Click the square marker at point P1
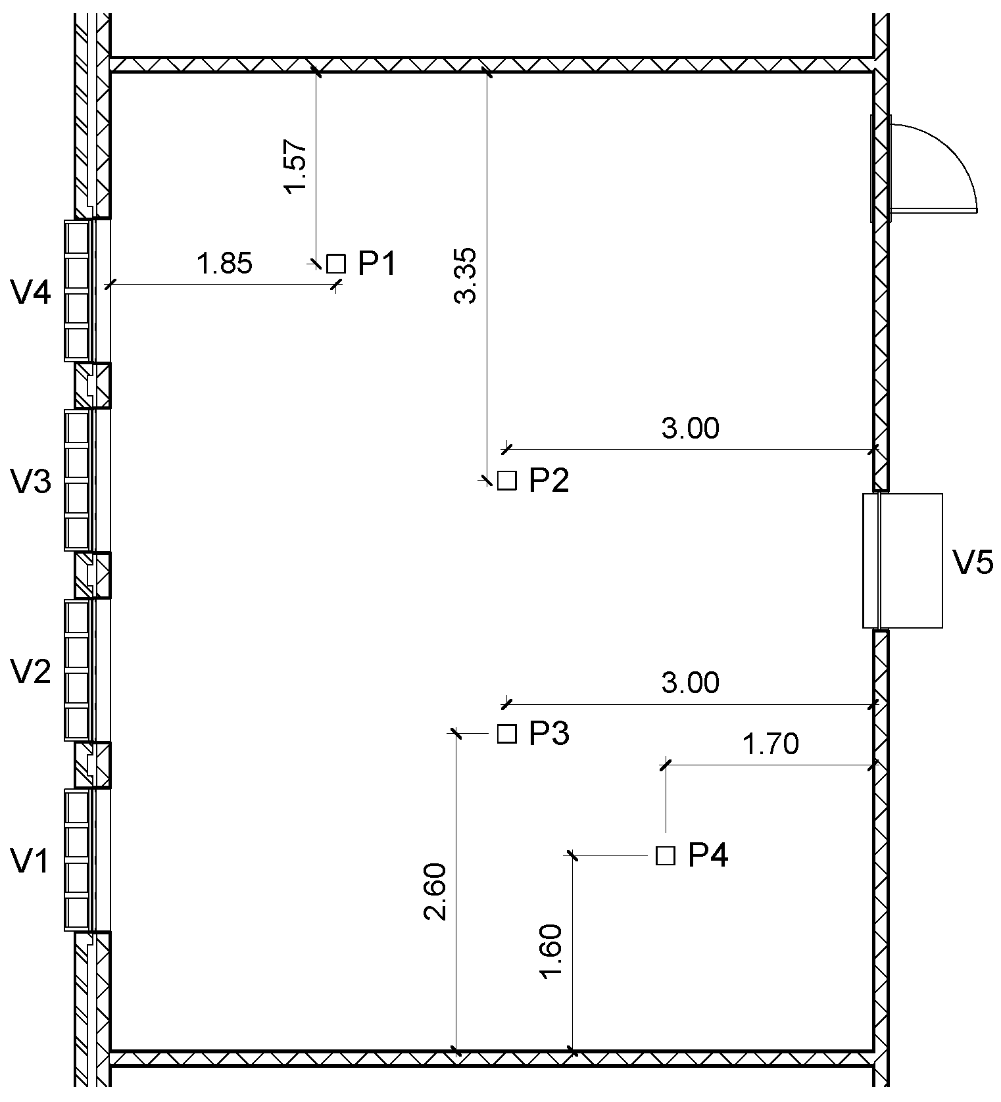[x=336, y=264]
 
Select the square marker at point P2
[x=506, y=481]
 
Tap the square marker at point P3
[x=506, y=733]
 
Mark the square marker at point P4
[x=666, y=855]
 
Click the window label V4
[x=31, y=292]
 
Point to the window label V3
[x=31, y=482]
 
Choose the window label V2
[x=31, y=672]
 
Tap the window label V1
[x=31, y=861]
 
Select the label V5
[x=973, y=563]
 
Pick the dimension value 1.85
[x=224, y=264]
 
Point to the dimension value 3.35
[x=466, y=275]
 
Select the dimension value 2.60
[x=436, y=891]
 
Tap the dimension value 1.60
[x=551, y=951]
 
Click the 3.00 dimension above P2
[x=690, y=429]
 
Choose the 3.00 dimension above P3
[x=690, y=683]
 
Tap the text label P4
[x=708, y=855]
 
